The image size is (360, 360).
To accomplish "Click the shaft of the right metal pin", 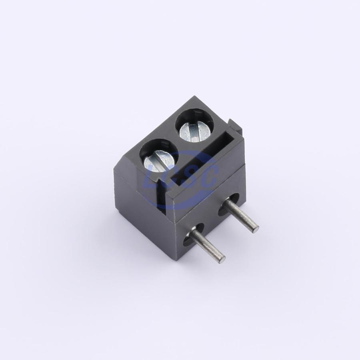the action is pos(242,213).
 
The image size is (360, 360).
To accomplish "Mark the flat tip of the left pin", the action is pos(222,259).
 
